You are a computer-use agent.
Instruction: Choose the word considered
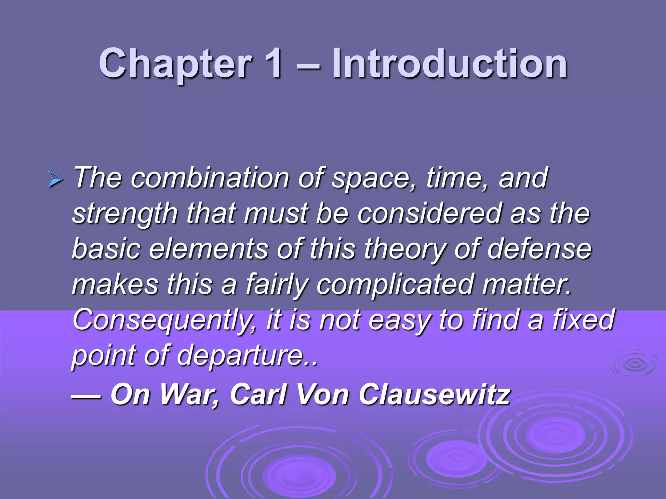click(x=429, y=213)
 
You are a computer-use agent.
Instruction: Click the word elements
click(x=208, y=249)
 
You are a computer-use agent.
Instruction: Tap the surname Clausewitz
click(x=434, y=394)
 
